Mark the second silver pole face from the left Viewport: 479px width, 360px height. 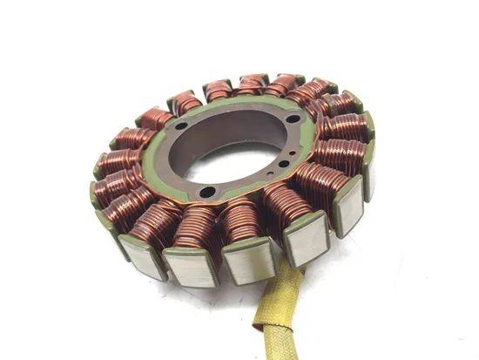189,266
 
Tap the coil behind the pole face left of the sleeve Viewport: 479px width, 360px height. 242,222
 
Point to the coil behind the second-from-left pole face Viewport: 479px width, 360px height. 195,228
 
